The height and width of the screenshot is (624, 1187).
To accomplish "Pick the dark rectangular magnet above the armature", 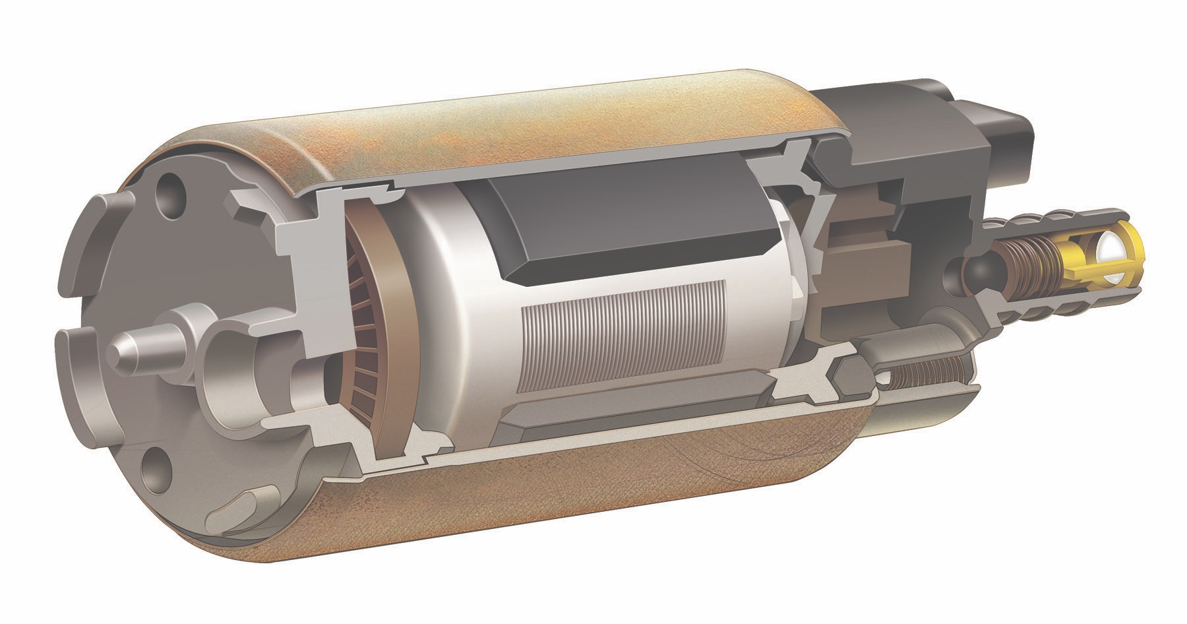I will [633, 221].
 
